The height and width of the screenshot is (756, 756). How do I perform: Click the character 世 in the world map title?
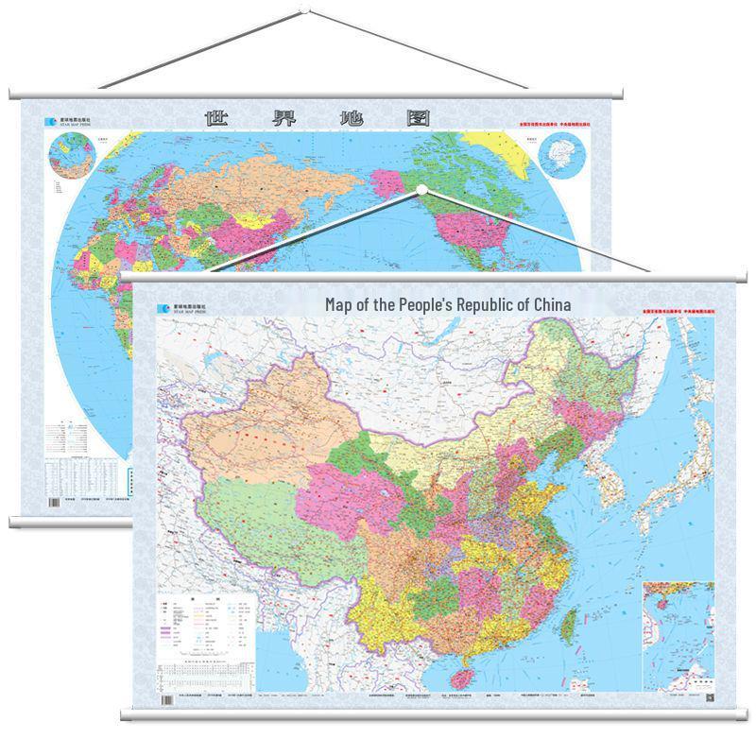(218, 118)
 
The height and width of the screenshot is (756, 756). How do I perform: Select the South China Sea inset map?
(677, 633)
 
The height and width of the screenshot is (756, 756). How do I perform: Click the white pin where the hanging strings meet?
(421, 190)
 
